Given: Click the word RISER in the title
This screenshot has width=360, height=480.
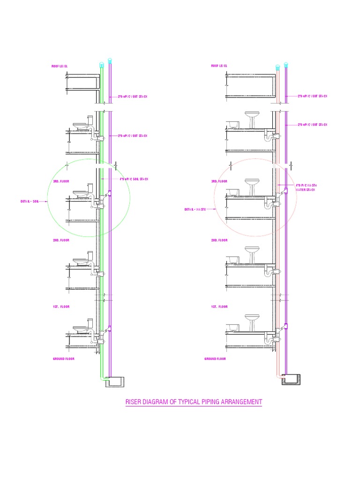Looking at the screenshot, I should point(135,402).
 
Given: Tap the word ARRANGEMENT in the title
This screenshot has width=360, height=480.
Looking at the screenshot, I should point(240,402).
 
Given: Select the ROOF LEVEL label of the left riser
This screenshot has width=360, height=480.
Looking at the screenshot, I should point(60,67).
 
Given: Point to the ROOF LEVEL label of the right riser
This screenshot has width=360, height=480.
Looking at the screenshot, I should point(219,66).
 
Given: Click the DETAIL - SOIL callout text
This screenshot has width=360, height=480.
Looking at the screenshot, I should point(29,201).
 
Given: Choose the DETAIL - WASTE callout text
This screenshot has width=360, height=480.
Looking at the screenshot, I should point(195,210).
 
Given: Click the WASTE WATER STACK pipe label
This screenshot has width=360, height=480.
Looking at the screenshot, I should point(306,188).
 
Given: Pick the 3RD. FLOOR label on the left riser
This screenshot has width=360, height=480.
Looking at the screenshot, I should point(61,180).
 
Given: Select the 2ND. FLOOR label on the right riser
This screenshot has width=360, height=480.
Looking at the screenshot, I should point(219,240).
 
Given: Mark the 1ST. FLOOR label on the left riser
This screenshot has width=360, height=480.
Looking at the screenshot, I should point(61,307).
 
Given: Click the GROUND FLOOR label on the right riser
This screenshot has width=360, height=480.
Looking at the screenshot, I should point(215,359).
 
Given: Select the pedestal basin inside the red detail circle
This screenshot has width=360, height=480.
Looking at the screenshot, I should point(252,186).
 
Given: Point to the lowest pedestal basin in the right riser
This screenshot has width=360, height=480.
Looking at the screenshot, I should point(252,321).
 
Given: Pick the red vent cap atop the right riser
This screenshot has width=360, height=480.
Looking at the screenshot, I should point(277,67).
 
